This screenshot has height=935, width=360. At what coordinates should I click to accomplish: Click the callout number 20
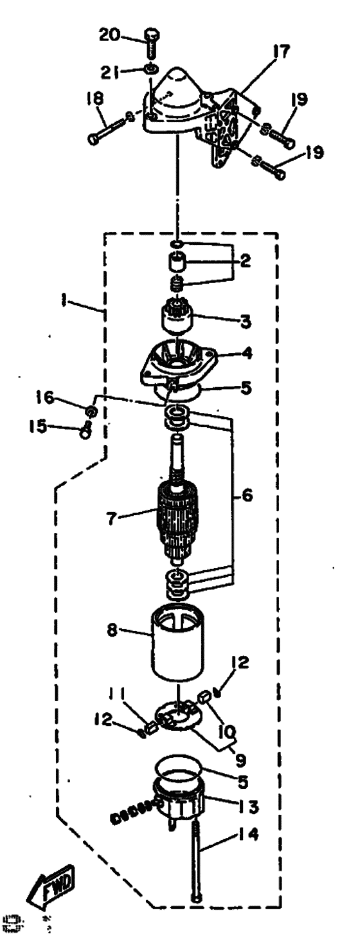(x=110, y=35)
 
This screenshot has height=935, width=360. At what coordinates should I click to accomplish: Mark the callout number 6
(x=247, y=495)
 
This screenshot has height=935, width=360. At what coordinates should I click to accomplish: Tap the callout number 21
(x=110, y=73)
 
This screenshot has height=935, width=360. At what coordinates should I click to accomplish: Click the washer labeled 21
(x=151, y=68)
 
